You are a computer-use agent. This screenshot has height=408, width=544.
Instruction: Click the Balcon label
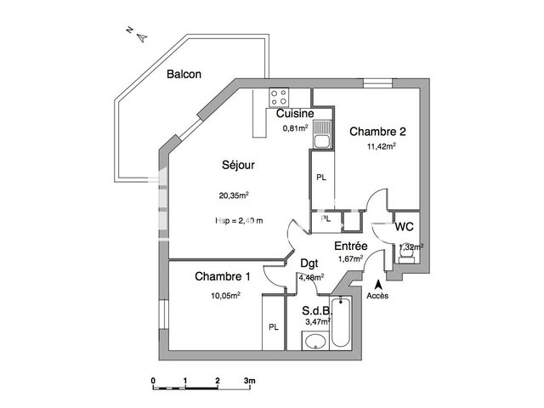click(184, 74)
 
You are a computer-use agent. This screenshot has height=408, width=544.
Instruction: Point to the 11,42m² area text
click(380, 145)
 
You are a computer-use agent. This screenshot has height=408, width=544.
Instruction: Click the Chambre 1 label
click(223, 277)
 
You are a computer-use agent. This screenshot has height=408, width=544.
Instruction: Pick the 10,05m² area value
click(225, 295)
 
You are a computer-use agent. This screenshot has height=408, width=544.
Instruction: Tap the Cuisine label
click(295, 113)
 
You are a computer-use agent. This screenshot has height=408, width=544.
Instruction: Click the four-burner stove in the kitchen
click(279, 95)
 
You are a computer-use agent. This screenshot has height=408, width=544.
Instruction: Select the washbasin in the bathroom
click(314, 342)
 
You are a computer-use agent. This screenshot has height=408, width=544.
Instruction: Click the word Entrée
click(350, 245)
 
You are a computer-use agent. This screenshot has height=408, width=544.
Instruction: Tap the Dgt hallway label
click(309, 263)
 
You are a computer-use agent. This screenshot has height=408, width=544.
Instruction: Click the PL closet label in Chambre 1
click(273, 326)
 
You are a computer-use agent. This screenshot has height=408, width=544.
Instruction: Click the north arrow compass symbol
click(141, 35)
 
